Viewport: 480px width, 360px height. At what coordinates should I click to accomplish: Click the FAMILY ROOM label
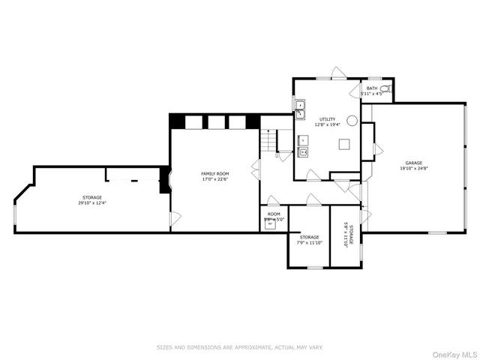pos(214,173)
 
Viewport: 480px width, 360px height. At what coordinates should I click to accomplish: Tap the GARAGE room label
pos(413,163)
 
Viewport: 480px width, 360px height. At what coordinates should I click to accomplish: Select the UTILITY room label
pos(328,118)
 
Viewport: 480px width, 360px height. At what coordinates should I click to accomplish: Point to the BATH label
pos(372,88)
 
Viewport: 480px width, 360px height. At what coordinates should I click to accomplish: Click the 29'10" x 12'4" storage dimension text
pos(92,202)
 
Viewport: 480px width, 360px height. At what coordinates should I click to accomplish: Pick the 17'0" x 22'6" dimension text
pos(214,179)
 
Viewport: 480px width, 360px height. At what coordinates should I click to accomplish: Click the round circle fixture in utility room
pos(352,120)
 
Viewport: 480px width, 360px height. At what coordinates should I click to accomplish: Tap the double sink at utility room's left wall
pos(298,109)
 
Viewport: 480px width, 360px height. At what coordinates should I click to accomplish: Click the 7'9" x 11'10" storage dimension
pos(309,242)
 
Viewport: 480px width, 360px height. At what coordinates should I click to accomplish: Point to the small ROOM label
pos(274,214)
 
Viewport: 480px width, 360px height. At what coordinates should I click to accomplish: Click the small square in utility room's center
pos(343,145)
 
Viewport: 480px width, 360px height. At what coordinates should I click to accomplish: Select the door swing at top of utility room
pos(339,73)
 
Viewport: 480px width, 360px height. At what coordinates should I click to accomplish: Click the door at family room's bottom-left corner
pos(175,218)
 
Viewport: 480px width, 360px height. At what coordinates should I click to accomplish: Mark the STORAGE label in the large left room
pos(92,197)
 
